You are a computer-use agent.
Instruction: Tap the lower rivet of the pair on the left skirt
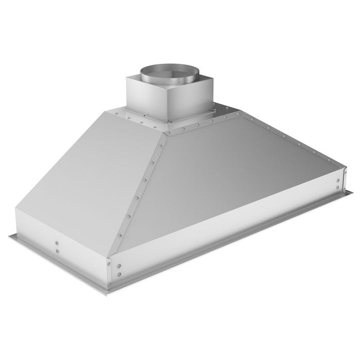[57, 250]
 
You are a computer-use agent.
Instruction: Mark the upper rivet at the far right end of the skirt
[338, 180]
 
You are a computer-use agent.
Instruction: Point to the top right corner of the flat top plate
[238, 111]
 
